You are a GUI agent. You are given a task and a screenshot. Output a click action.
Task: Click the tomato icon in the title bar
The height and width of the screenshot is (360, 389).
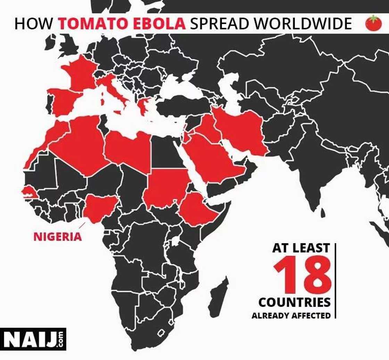coord(373,23)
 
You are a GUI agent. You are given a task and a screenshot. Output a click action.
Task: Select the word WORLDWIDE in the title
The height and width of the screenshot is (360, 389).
coord(303,24)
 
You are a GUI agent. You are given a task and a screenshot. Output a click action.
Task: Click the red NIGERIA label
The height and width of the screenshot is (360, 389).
coord(58,237)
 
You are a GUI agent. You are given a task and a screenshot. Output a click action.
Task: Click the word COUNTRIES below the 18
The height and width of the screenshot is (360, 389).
coord(294,302)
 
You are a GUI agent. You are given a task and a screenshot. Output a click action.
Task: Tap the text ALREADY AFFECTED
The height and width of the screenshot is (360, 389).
coord(291,316)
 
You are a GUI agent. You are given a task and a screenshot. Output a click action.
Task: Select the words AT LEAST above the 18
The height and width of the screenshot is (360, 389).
coord(301,248)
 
